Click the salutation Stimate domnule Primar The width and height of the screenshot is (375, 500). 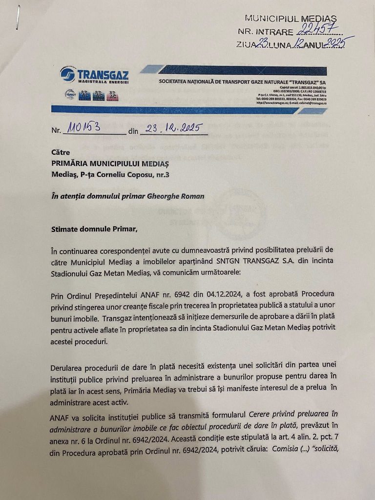click(x=95, y=228)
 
